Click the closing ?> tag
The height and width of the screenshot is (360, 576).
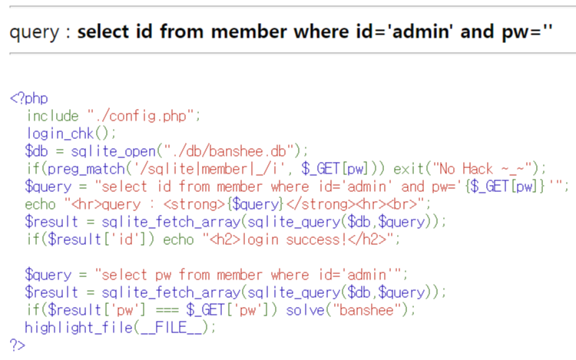point(17,345)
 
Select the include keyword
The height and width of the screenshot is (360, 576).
point(52,116)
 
